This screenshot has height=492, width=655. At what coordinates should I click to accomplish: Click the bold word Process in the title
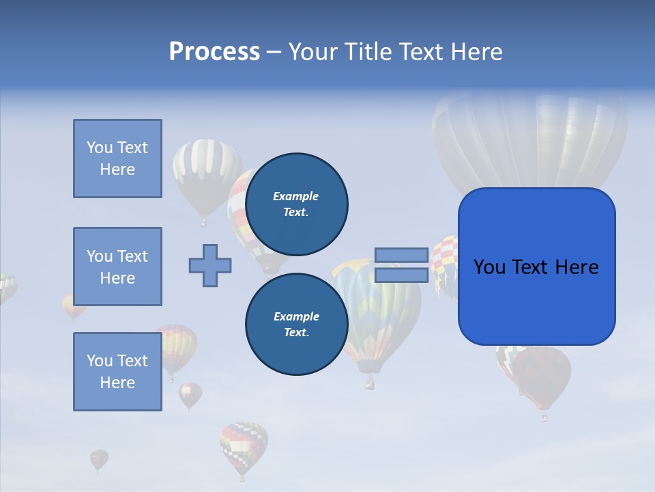(214, 52)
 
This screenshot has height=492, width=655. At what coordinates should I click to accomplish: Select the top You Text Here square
(117, 159)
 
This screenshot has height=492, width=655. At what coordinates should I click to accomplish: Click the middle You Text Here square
(117, 266)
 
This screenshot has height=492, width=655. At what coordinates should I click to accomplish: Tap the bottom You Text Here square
(117, 372)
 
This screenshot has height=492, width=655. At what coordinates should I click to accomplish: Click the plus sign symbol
(210, 265)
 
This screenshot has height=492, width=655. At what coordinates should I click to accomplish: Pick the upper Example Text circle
(296, 204)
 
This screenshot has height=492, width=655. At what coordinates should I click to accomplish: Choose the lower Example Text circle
(296, 325)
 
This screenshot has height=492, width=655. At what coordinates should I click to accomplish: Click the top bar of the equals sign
(401, 256)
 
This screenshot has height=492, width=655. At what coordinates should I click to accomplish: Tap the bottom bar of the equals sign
(401, 275)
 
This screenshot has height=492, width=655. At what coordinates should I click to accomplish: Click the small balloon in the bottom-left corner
(99, 459)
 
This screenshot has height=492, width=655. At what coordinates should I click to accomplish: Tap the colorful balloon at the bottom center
(244, 446)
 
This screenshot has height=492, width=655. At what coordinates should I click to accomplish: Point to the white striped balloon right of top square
(206, 175)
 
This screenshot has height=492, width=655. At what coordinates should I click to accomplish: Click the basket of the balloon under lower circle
(369, 383)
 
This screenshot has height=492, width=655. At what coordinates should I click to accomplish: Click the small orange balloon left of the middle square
(72, 305)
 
